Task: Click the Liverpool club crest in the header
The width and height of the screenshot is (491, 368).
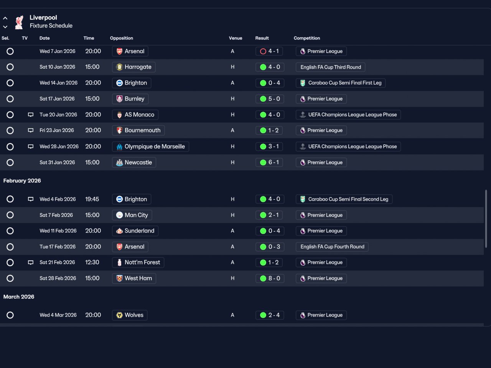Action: pyautogui.click(x=19, y=22)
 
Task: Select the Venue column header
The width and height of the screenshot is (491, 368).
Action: pyautogui.click(x=235, y=38)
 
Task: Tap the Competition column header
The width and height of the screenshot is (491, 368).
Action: pyautogui.click(x=306, y=38)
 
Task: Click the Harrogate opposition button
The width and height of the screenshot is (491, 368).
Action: pyautogui.click(x=134, y=67)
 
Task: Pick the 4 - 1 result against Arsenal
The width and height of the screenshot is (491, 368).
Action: pyautogui.click(x=269, y=51)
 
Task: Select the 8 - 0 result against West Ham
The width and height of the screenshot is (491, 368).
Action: pyautogui.click(x=270, y=278)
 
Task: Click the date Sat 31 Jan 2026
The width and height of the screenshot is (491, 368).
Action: pyautogui.click(x=57, y=162)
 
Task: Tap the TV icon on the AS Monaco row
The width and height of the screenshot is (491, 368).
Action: pyautogui.click(x=31, y=115)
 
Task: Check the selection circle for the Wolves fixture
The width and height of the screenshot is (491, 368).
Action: pyautogui.click(x=10, y=315)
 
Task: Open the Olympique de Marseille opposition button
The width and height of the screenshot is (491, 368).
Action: pyautogui.click(x=150, y=147)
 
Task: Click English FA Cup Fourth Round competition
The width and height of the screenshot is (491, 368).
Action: pyautogui.click(x=332, y=247)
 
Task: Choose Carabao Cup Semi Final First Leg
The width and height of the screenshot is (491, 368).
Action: pyautogui.click(x=341, y=83)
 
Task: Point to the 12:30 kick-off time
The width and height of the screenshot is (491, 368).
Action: pyautogui.click(x=92, y=262)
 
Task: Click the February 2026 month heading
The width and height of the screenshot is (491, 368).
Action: pyautogui.click(x=22, y=180)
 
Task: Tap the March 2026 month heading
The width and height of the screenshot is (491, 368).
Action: pyautogui.click(x=19, y=297)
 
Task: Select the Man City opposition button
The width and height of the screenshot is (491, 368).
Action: pyautogui.click(x=132, y=215)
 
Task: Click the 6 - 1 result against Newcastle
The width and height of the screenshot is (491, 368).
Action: pyautogui.click(x=269, y=162)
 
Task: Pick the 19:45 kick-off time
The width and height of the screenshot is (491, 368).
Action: pyautogui.click(x=92, y=199)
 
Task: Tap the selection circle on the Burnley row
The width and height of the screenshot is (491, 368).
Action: pyautogui.click(x=10, y=99)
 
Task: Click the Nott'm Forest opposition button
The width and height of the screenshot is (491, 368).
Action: pyautogui.click(x=138, y=262)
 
